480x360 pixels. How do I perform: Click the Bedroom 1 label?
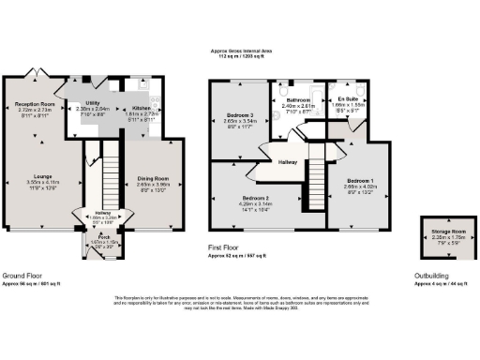point(360,178)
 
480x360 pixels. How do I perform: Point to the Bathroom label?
point(298,98)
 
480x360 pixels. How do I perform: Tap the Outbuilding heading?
point(432,276)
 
